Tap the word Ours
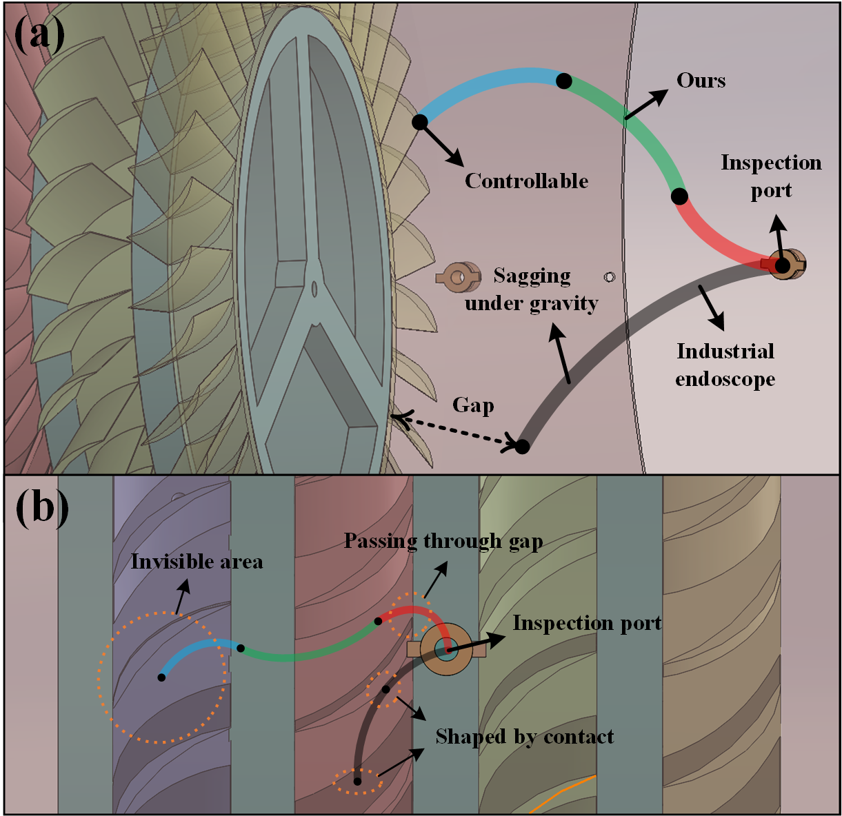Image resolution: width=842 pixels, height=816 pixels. [701, 81]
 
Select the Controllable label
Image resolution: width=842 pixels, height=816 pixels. [526, 181]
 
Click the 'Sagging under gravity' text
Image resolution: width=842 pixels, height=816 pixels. [532, 289]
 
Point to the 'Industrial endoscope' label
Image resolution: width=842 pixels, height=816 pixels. [725, 365]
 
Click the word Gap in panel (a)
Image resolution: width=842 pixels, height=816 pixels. [473, 405]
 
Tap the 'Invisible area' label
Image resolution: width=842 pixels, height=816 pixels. [197, 562]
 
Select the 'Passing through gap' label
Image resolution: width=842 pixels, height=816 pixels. [443, 542]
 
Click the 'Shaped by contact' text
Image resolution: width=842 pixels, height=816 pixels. [525, 737]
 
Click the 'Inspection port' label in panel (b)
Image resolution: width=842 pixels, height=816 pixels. [587, 623]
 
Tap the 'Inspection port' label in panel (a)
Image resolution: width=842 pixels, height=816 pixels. [771, 176]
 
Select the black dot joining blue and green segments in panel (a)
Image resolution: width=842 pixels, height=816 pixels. [564, 81]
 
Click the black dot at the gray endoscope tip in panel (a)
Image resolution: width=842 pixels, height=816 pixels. [522, 446]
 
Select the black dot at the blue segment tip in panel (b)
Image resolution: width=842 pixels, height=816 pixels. [161, 677]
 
